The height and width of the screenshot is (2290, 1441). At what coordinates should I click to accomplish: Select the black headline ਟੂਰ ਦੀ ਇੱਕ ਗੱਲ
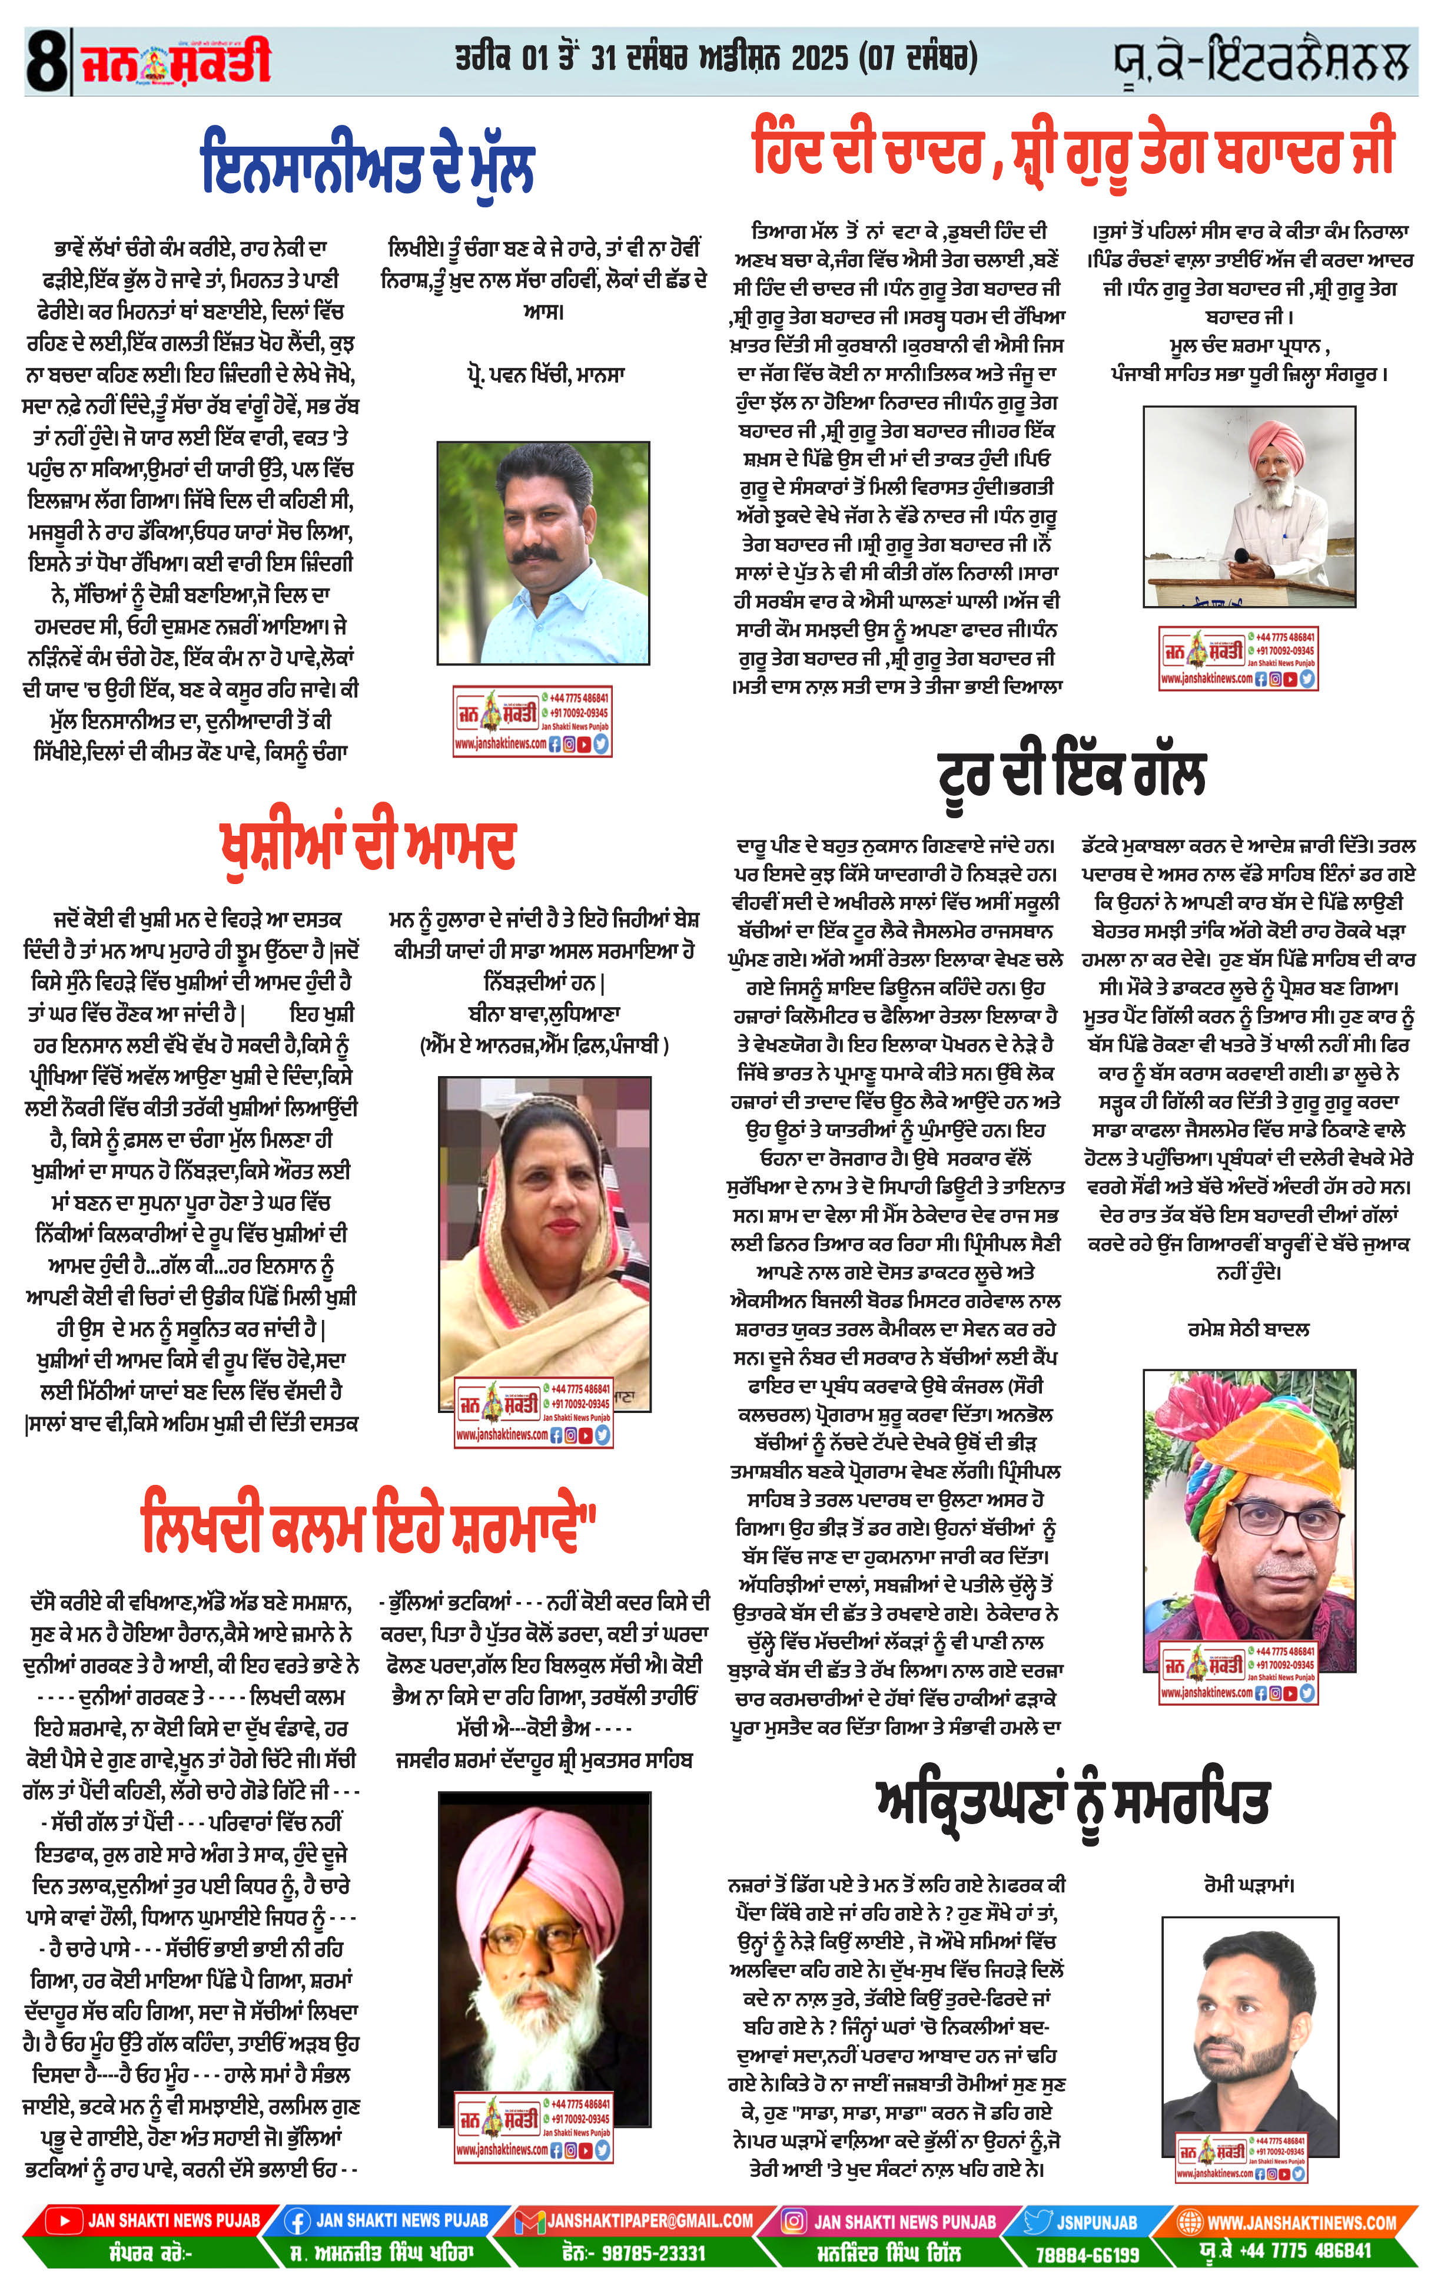tap(1071, 774)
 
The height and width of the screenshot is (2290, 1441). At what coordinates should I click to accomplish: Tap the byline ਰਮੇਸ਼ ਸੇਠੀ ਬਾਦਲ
tap(1248, 1329)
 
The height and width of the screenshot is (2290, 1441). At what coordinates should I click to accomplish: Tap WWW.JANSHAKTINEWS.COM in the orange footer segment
tap(1300, 2222)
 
